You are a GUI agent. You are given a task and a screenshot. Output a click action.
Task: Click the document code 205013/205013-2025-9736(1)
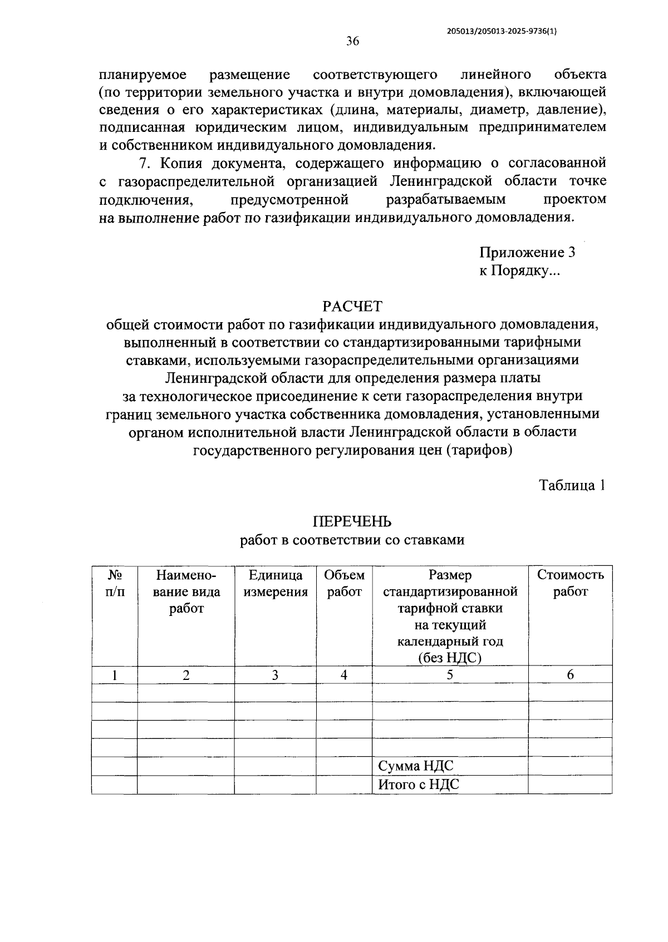pyautogui.click(x=502, y=32)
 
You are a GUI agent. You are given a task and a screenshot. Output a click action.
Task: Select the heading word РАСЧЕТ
pyautogui.click(x=352, y=307)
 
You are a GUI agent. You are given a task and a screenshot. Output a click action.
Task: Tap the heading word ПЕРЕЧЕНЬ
pyautogui.click(x=352, y=521)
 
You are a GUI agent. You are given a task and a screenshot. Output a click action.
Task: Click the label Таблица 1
pyautogui.click(x=572, y=485)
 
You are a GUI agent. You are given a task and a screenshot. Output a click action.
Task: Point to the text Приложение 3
pyautogui.click(x=527, y=253)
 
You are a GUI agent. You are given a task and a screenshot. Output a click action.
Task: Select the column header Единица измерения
pyautogui.click(x=275, y=583)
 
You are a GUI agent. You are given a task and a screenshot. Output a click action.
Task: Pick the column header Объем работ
pyautogui.click(x=344, y=583)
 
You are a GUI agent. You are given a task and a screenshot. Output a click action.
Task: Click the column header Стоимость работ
pyautogui.click(x=570, y=583)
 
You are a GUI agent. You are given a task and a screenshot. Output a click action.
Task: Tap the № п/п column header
pyautogui.click(x=115, y=583)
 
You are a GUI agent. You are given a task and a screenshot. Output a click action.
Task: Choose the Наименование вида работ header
pyautogui.click(x=186, y=591)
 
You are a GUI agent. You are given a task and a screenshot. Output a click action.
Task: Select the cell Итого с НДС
pyautogui.click(x=418, y=785)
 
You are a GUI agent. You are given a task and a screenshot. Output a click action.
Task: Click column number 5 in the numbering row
pyautogui.click(x=449, y=675)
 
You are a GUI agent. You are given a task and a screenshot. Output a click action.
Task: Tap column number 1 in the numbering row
pyautogui.click(x=115, y=675)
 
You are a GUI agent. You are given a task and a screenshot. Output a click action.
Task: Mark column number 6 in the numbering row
pyautogui.click(x=570, y=675)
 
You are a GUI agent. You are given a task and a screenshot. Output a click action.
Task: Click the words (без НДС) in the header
pyautogui.click(x=449, y=658)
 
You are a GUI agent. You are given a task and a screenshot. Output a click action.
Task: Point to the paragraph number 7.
pyautogui.click(x=144, y=163)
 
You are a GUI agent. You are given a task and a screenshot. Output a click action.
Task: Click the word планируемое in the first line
pyautogui.click(x=143, y=74)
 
